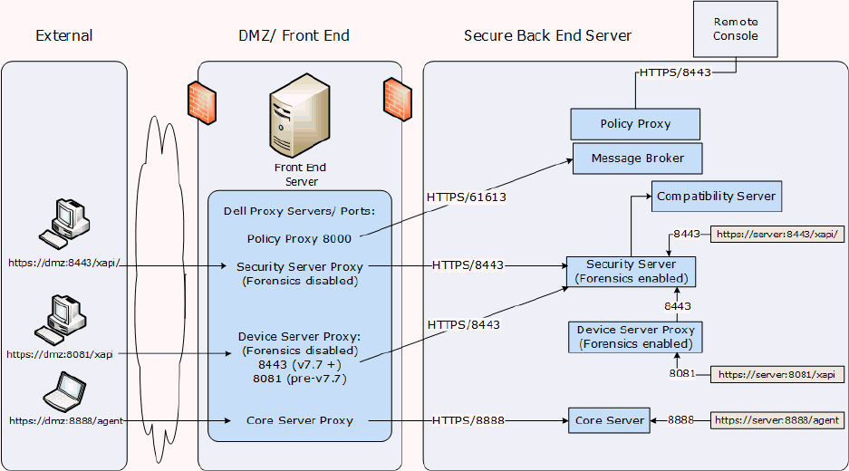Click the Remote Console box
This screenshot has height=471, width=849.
click(x=736, y=30)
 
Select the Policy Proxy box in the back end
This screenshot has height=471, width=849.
click(x=635, y=124)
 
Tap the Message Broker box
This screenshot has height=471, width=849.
click(x=638, y=159)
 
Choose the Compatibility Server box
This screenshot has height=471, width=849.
click(x=716, y=197)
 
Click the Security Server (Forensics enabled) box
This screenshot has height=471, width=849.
click(x=632, y=272)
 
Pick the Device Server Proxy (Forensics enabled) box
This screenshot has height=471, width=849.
click(x=635, y=337)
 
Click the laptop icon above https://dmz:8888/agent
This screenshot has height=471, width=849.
click(x=65, y=391)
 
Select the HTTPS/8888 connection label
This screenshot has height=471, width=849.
click(x=468, y=420)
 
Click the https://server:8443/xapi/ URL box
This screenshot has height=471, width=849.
click(x=778, y=235)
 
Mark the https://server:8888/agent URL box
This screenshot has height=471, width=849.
click(x=778, y=420)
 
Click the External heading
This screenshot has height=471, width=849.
click(x=64, y=36)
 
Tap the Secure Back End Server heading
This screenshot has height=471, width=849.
click(x=547, y=36)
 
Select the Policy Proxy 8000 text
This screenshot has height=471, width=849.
click(x=299, y=239)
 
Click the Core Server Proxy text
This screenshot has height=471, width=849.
click(x=299, y=420)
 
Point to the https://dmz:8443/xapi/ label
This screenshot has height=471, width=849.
click(x=63, y=263)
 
